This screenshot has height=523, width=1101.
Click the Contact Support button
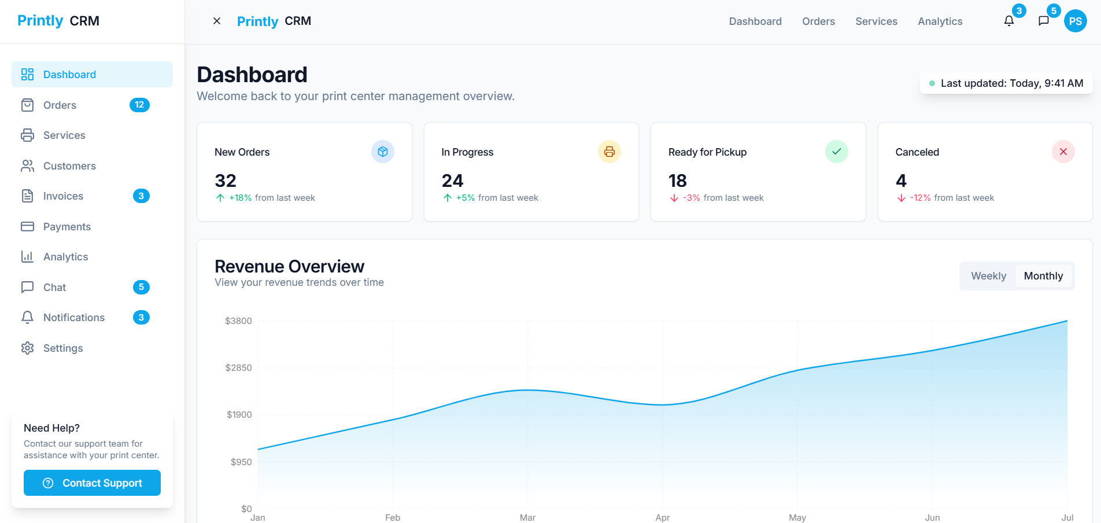92,483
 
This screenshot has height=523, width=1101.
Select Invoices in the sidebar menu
63,196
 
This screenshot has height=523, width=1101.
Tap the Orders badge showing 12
139,105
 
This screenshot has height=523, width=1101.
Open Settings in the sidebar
63,348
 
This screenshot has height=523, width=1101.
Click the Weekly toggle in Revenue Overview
988,276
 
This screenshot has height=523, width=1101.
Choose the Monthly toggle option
1043,276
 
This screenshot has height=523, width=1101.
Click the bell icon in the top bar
1009,21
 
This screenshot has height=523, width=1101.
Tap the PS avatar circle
1076,21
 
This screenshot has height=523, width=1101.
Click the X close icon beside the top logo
217,21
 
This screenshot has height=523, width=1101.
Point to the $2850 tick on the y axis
238,368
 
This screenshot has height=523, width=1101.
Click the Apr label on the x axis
663,517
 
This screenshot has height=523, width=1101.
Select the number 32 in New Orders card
226,181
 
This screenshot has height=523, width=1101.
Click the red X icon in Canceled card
1063,152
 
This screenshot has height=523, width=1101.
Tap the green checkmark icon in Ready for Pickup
836,152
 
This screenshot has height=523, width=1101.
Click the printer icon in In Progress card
609,152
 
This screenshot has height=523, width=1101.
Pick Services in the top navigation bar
876,21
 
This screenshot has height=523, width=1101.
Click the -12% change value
920,198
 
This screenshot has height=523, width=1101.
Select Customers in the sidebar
69,166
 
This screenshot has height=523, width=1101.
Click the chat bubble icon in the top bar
1044,21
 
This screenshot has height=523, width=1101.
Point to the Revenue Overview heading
289,266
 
